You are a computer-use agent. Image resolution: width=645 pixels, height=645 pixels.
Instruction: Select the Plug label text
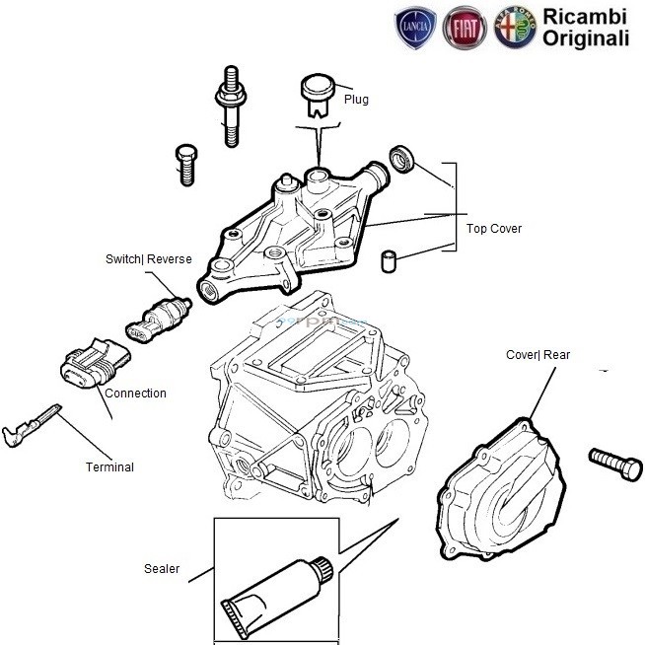tap(356, 100)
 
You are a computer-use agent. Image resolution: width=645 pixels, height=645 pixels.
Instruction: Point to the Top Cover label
tap(494, 229)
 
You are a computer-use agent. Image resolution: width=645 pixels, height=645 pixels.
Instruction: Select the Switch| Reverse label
tap(148, 259)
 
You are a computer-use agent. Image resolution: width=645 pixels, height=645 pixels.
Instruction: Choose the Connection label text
tap(135, 394)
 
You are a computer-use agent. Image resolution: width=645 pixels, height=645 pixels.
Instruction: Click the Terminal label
tap(109, 467)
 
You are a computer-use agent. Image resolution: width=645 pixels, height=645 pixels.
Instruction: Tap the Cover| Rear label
tap(537, 355)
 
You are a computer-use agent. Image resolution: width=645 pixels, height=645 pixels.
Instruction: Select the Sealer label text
tap(162, 569)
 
